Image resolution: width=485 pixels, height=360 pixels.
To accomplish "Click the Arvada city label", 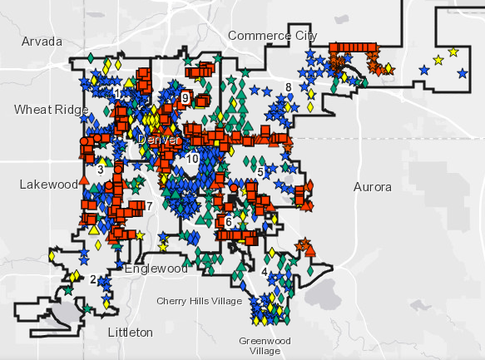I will pyautogui.click(x=42, y=41).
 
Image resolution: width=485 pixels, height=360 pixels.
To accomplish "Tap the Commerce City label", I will pyautogui.click(x=272, y=36).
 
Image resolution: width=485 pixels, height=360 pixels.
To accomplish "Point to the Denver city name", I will pyautogui.click(x=158, y=140).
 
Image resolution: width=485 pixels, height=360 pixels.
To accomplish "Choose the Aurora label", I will pyautogui.click(x=372, y=187).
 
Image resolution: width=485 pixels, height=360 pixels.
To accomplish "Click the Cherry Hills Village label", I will pyautogui.click(x=199, y=301).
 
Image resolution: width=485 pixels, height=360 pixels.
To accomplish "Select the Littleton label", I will pyautogui.click(x=131, y=332).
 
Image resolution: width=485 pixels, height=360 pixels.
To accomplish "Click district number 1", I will pyautogui.click(x=117, y=92).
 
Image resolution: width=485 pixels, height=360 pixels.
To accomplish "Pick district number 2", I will pyautogui.click(x=93, y=279).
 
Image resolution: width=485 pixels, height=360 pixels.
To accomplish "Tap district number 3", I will pyautogui.click(x=100, y=170).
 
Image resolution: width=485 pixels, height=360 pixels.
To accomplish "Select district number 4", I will pyautogui.click(x=264, y=272).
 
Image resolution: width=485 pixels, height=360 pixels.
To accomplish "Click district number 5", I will pyautogui.click(x=260, y=171).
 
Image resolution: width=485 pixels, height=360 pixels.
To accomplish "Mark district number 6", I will pyautogui.click(x=228, y=222).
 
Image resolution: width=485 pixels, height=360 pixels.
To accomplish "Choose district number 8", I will pyautogui.click(x=288, y=87).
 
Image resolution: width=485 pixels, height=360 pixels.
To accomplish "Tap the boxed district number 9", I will pyautogui.click(x=185, y=98).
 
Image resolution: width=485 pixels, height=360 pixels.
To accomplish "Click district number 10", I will pyautogui.click(x=192, y=159).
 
